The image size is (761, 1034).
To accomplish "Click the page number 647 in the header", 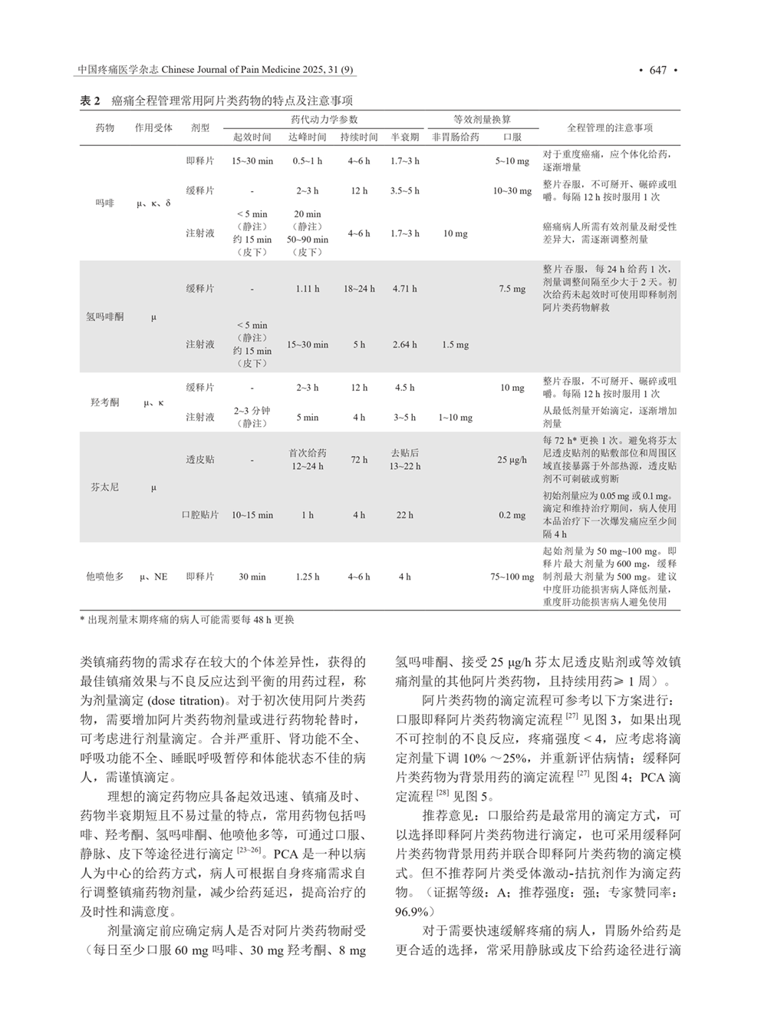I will coord(657,71).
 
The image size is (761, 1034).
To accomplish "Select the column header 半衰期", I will coord(404,137).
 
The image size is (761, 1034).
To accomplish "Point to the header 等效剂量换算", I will coord(481,120).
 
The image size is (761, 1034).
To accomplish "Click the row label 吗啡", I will coord(104,203).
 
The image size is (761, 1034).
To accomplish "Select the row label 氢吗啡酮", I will coord(104,316).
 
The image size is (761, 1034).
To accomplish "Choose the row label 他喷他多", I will coord(104,576).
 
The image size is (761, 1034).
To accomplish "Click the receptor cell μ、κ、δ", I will coord(153,203).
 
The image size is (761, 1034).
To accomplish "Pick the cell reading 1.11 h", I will coord(307,289).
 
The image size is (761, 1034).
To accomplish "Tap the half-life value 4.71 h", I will coord(404,289).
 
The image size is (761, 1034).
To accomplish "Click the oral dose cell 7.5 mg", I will coord(512,289).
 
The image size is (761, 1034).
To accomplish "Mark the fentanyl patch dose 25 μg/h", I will coord(512,460).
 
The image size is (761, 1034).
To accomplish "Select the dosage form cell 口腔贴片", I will coord(199,515).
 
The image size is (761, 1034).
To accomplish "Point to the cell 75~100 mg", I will coord(512,576).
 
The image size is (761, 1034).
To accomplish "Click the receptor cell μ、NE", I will coord(153,576).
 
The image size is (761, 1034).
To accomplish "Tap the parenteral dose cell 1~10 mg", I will coord(455,418).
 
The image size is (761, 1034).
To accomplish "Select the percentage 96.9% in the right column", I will coord(414,911).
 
